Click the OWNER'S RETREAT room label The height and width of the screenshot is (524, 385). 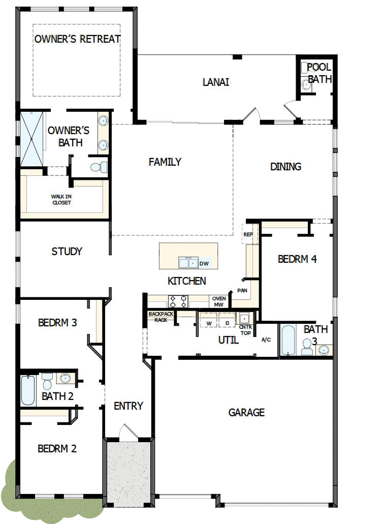77,39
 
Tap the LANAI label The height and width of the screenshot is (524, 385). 215,82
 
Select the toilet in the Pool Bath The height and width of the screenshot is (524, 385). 306,85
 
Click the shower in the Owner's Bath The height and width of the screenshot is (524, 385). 31,139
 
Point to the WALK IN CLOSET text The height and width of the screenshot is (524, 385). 61,199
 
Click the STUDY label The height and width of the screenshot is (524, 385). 67,251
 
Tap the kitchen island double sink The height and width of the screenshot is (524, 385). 188,263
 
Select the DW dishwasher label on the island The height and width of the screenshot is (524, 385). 204,263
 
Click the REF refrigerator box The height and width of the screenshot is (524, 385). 248,234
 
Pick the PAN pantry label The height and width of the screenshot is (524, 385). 242,291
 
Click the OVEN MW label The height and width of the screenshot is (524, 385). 219,301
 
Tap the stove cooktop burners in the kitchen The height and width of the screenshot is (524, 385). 178,302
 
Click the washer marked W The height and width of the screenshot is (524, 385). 209,323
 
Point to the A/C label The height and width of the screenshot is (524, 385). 266,340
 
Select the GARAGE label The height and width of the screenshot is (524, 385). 246,412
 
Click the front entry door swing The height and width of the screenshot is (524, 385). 126,431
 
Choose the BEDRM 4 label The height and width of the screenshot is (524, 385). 297,259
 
